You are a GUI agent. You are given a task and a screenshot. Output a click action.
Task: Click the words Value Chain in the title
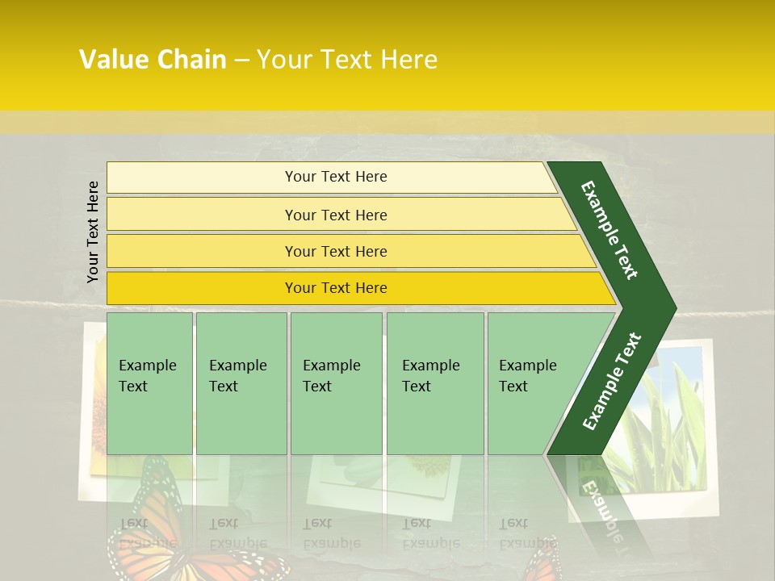(153, 60)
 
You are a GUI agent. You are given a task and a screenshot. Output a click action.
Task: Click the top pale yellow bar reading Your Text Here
(335, 177)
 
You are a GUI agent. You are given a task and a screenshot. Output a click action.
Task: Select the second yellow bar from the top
(335, 215)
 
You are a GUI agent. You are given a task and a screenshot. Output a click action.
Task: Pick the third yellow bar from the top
(335, 251)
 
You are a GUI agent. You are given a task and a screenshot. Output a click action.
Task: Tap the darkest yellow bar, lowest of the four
(335, 288)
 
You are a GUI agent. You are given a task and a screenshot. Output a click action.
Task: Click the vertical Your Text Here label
(93, 232)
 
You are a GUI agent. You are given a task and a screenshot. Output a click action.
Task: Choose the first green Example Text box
(149, 383)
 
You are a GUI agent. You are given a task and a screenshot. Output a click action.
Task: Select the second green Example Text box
(241, 383)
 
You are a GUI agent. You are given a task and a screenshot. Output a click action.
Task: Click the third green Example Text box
(336, 383)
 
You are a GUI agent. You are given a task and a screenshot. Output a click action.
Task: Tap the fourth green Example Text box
(434, 383)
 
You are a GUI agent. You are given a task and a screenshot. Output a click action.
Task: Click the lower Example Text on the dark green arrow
(612, 381)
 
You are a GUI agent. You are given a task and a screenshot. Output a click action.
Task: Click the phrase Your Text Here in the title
(346, 60)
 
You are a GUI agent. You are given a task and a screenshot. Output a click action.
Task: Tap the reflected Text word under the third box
(316, 523)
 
